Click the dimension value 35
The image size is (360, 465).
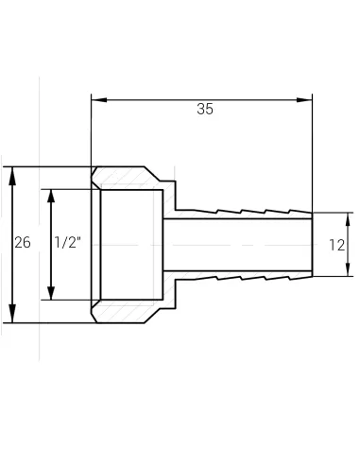(204, 109)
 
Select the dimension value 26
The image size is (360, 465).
(23, 243)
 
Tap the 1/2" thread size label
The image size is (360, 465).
(67, 243)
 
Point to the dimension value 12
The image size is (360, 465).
(337, 244)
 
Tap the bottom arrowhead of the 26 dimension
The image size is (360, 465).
(11, 316)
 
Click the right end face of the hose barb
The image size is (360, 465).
(312, 244)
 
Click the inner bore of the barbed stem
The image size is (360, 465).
(236, 244)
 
